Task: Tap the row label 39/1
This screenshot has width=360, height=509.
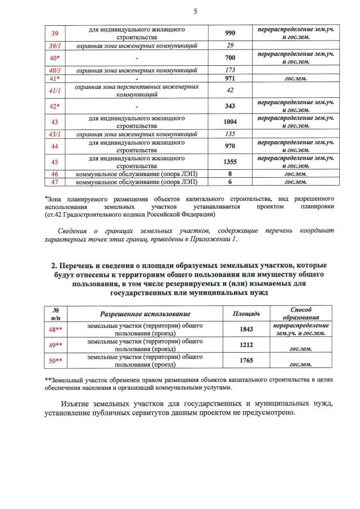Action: point(55,46)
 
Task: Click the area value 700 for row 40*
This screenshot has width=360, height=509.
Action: point(229,58)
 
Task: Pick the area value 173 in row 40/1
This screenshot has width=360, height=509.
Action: point(229,70)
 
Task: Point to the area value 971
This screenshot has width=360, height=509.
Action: point(229,79)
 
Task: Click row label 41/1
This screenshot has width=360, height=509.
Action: point(55,91)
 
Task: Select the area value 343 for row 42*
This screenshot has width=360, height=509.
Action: point(229,106)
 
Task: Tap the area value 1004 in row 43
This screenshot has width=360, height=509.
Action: point(229,122)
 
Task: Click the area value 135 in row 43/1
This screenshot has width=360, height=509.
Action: point(229,134)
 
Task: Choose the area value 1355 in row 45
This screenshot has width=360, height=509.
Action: point(229,162)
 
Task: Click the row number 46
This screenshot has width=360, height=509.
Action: point(55,174)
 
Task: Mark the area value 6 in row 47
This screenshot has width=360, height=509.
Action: point(229,182)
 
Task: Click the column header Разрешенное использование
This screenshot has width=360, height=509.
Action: point(145,313)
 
